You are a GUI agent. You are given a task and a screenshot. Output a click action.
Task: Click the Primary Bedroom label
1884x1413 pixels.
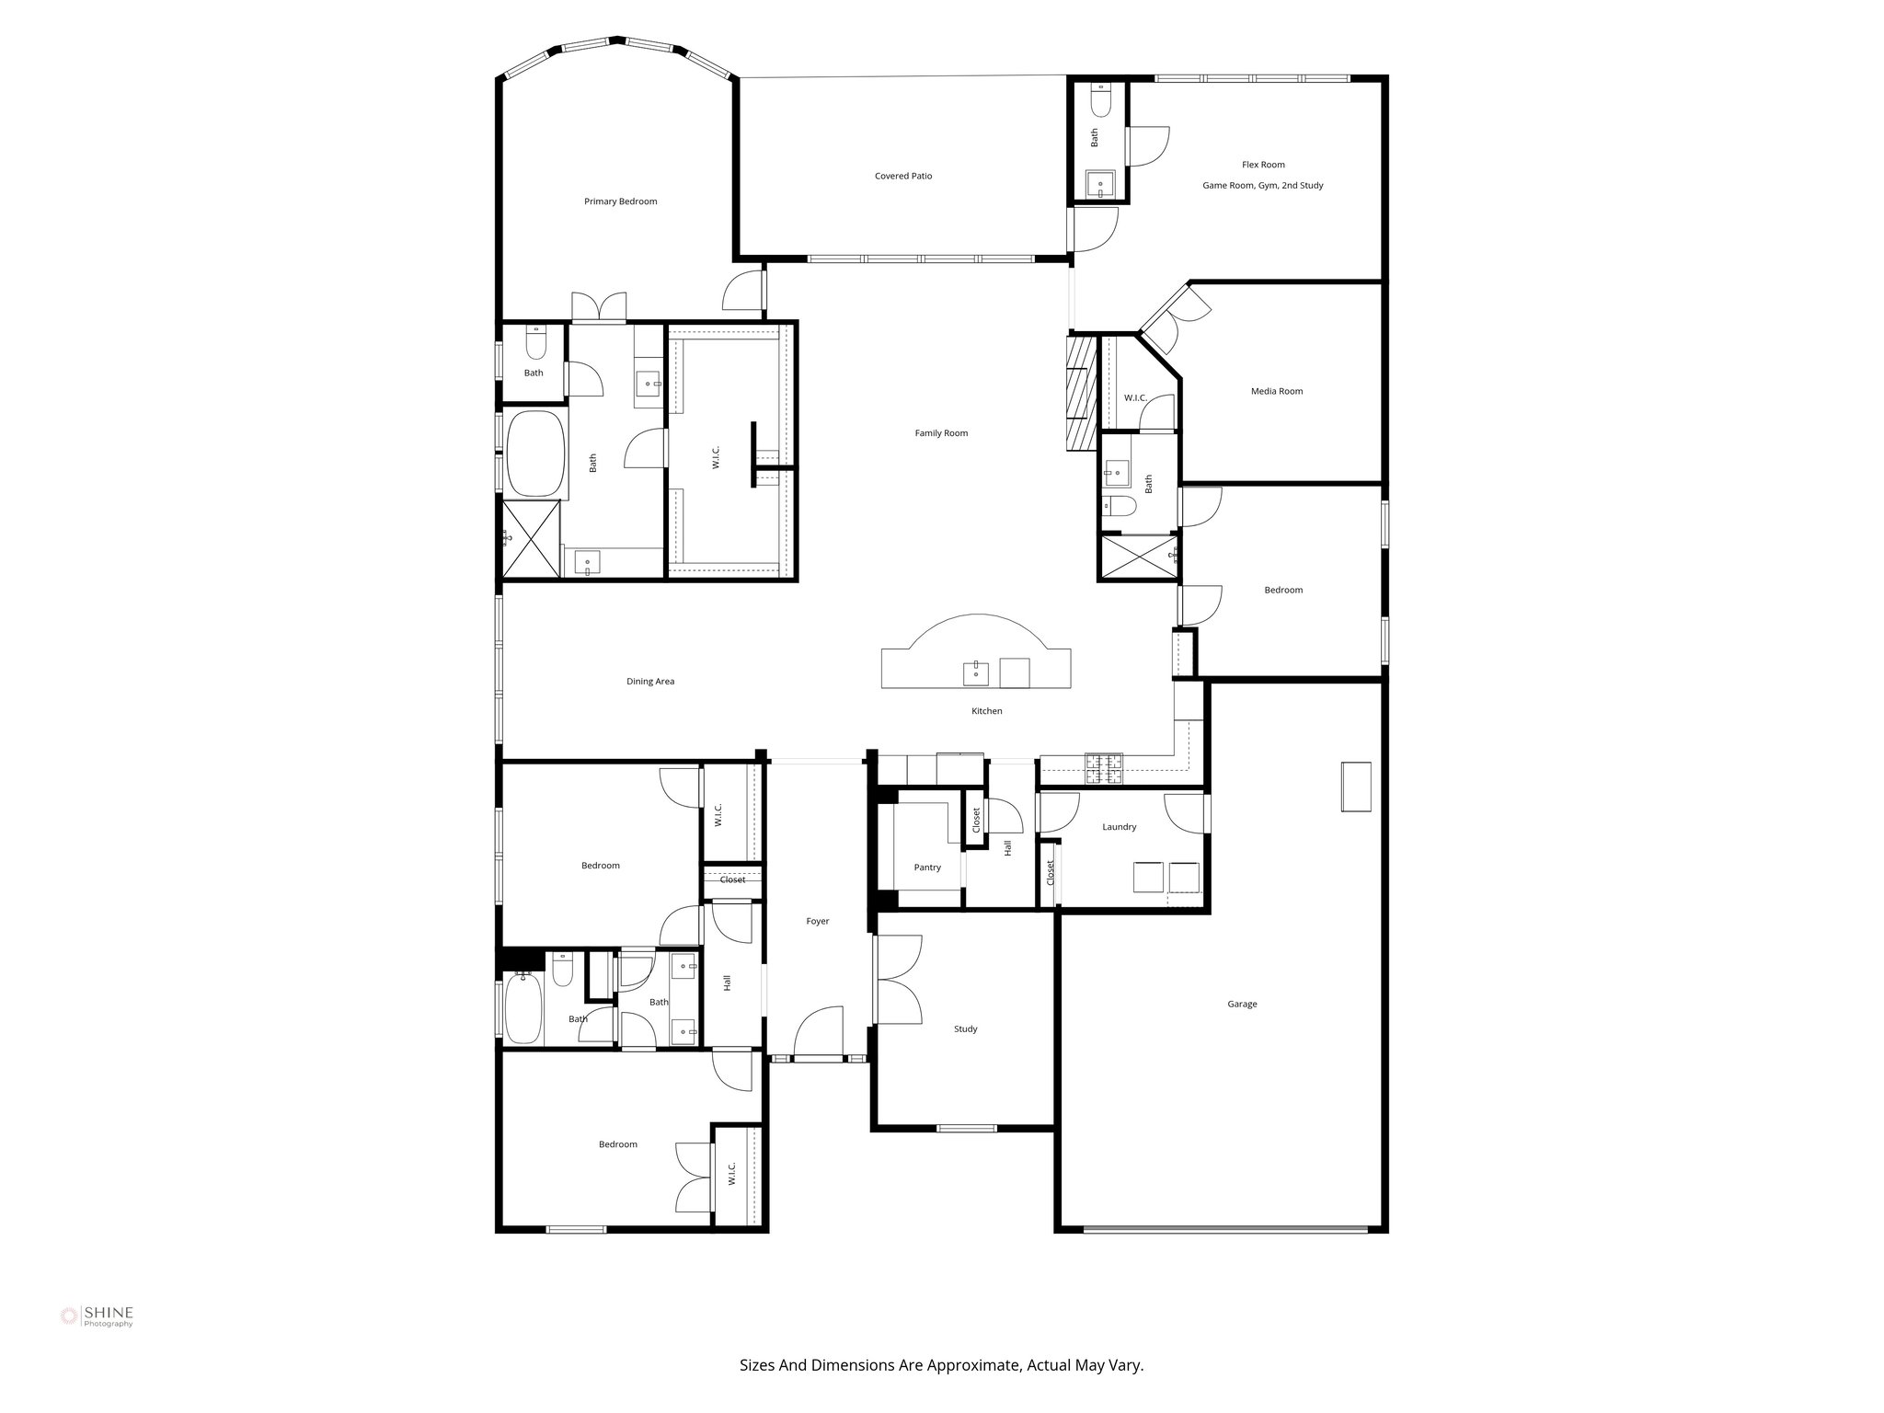(620, 201)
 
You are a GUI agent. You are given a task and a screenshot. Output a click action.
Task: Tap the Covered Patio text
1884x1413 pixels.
(902, 176)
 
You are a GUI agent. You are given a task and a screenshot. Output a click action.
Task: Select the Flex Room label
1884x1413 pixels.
(1262, 165)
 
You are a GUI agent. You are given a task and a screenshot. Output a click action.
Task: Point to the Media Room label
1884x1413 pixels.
(1276, 391)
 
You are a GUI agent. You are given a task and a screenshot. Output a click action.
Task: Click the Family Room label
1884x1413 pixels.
(940, 433)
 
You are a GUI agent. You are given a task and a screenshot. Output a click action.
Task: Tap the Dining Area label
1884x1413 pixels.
(649, 682)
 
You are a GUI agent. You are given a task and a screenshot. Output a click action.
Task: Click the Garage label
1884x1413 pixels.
(1241, 1005)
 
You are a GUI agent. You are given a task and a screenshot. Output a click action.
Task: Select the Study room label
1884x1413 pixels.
(965, 1029)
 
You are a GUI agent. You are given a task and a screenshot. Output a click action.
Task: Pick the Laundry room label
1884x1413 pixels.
(1119, 827)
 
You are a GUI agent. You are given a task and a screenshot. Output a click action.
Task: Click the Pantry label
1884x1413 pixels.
(926, 867)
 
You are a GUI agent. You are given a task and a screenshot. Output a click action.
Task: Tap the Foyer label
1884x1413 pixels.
(817, 921)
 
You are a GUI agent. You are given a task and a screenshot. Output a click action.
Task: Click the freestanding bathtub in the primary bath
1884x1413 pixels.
(534, 454)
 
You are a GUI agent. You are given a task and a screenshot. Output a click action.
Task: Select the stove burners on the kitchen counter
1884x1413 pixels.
(1104, 769)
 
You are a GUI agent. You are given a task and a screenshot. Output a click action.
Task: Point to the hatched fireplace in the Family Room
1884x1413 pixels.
(1082, 392)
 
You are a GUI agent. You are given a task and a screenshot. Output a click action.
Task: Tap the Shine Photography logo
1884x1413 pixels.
(97, 1316)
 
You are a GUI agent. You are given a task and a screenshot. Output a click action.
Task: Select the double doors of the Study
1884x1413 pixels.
(897, 979)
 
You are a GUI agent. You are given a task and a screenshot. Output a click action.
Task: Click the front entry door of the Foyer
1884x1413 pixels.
(818, 1033)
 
